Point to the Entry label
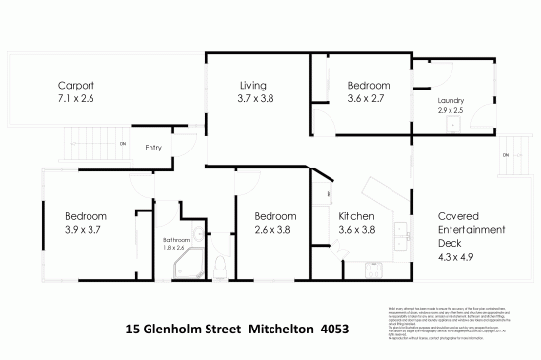tap(153, 149)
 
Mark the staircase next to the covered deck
tap(513, 156)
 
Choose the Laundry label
tap(451, 100)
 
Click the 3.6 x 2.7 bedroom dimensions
tap(368, 98)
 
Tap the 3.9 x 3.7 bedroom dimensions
tap(87, 230)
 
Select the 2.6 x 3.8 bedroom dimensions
tap(275, 230)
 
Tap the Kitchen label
tap(357, 216)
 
